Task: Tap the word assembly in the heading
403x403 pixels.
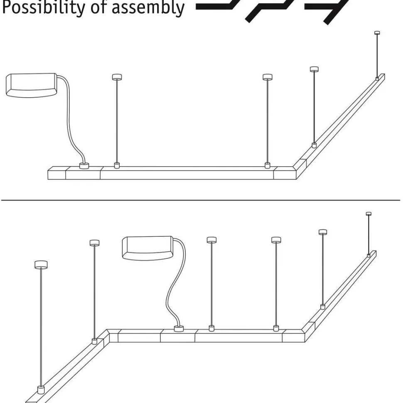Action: (148, 8)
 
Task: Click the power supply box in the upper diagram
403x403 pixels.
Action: (31, 85)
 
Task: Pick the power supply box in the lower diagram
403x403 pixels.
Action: (147, 248)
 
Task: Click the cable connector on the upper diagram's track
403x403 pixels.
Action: (84, 166)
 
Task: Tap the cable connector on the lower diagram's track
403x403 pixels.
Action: (179, 329)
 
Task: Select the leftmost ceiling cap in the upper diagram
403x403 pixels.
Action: (117, 77)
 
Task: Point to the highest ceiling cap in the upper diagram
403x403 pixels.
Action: (377, 33)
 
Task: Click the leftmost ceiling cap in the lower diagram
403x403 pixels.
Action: (41, 265)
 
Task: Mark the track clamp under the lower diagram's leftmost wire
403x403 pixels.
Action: (41, 390)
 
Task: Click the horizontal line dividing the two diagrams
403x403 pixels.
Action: (201, 200)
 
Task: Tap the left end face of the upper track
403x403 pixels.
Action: (57, 173)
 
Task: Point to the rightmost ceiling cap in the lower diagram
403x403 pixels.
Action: (369, 213)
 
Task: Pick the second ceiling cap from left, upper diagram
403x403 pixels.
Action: (268, 77)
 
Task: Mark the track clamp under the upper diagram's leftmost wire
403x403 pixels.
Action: (117, 165)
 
